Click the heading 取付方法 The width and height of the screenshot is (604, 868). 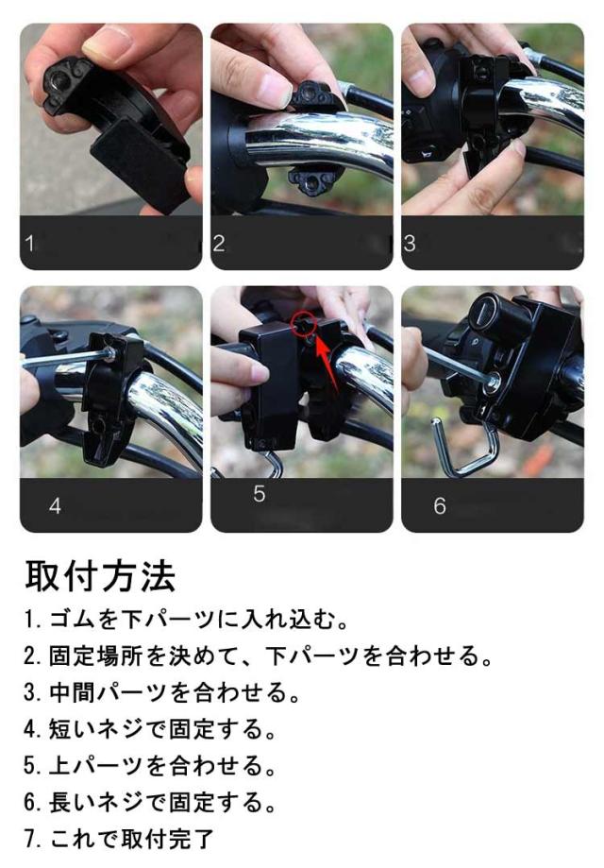click(100, 576)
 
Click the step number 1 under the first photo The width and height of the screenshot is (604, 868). click(29, 243)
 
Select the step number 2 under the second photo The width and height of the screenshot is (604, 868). click(219, 243)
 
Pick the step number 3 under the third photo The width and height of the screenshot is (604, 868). click(410, 243)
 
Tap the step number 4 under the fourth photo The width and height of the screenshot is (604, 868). click(55, 505)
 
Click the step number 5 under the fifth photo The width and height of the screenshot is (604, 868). click(260, 493)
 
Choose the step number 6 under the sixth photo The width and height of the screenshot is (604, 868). click(440, 505)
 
